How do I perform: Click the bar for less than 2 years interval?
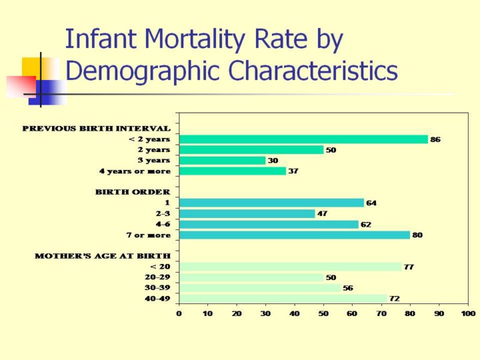303,139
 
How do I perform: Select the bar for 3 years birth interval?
222,161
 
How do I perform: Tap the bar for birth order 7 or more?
295,235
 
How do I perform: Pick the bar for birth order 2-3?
247,213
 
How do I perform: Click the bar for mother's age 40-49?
283,298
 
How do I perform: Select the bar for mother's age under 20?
290,267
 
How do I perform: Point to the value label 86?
435,140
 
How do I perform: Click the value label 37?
293,171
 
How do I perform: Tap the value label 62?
366,225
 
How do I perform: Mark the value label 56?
348,288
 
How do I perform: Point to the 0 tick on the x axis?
179,313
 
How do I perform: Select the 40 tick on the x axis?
294,313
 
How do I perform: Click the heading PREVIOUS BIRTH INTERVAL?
96,128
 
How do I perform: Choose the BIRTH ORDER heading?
133,192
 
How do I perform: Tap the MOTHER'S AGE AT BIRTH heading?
103,255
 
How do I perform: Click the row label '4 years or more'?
135,171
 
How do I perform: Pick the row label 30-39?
157,287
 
